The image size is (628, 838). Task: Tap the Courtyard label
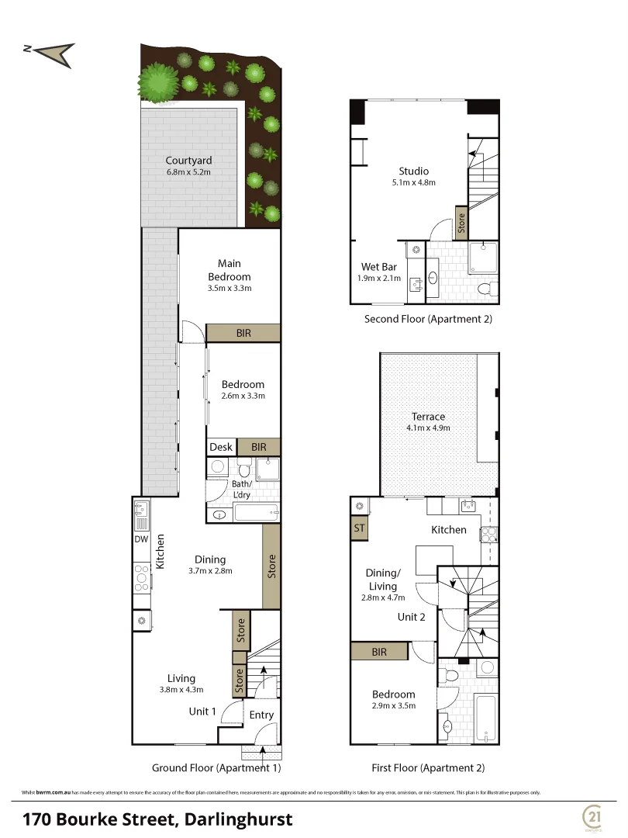pyautogui.click(x=188, y=161)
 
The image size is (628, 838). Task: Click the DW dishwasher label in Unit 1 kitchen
pyautogui.click(x=140, y=539)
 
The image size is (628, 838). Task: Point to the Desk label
pyautogui.click(x=221, y=447)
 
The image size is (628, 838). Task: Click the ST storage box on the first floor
pyautogui.click(x=359, y=528)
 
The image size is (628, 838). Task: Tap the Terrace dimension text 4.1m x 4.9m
pyautogui.click(x=428, y=428)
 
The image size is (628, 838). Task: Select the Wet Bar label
pyautogui.click(x=378, y=267)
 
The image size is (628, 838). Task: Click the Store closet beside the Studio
pyautogui.click(x=461, y=223)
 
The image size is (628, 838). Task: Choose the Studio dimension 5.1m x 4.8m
pyautogui.click(x=413, y=183)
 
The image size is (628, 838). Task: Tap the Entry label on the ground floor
pyautogui.click(x=261, y=715)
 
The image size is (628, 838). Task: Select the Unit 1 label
pyautogui.click(x=202, y=711)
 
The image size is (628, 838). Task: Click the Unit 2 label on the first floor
pyautogui.click(x=412, y=617)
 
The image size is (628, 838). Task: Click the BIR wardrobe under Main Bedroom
pyautogui.click(x=243, y=333)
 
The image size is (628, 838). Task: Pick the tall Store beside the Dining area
pyautogui.click(x=271, y=566)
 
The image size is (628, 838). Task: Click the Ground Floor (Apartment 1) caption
pyautogui.click(x=216, y=768)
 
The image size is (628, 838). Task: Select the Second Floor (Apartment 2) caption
pyautogui.click(x=428, y=318)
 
